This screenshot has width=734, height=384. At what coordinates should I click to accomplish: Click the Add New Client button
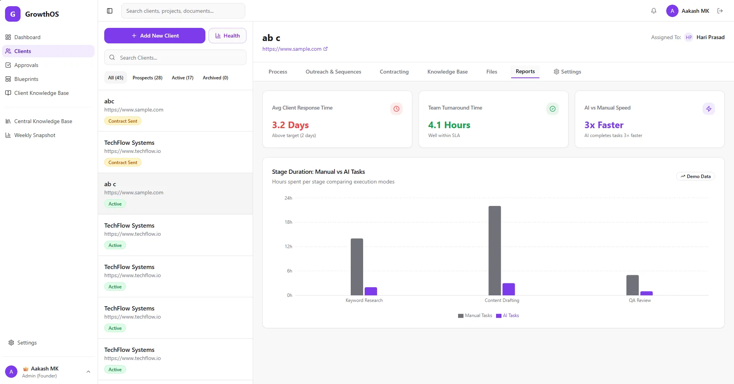tap(155, 36)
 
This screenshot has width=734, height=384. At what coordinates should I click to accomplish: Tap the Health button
tap(227, 36)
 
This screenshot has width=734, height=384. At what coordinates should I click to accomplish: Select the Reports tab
tap(525, 72)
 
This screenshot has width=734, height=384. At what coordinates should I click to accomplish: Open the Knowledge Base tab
tap(447, 72)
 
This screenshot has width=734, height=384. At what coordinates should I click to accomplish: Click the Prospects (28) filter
tap(147, 78)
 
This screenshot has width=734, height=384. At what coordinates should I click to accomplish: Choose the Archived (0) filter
tap(215, 78)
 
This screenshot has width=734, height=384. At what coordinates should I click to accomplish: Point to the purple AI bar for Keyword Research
tap(371, 291)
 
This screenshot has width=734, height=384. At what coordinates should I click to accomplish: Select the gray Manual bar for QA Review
tap(632, 285)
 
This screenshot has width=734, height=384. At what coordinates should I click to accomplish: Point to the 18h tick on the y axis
tap(288, 222)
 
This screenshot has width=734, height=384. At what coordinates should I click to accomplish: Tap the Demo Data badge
tap(696, 177)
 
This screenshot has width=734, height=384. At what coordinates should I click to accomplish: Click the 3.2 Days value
tap(290, 125)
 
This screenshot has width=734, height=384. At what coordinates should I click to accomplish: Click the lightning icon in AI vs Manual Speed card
tap(708, 109)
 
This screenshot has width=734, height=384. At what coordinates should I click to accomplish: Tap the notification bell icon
tap(654, 11)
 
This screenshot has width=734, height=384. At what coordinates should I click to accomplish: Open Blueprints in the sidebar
tap(26, 79)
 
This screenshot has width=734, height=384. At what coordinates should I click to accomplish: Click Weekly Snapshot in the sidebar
tap(34, 135)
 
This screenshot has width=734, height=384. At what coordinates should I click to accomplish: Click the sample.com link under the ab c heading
tap(292, 49)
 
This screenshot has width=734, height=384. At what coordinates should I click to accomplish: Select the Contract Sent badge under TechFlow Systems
tap(122, 163)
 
